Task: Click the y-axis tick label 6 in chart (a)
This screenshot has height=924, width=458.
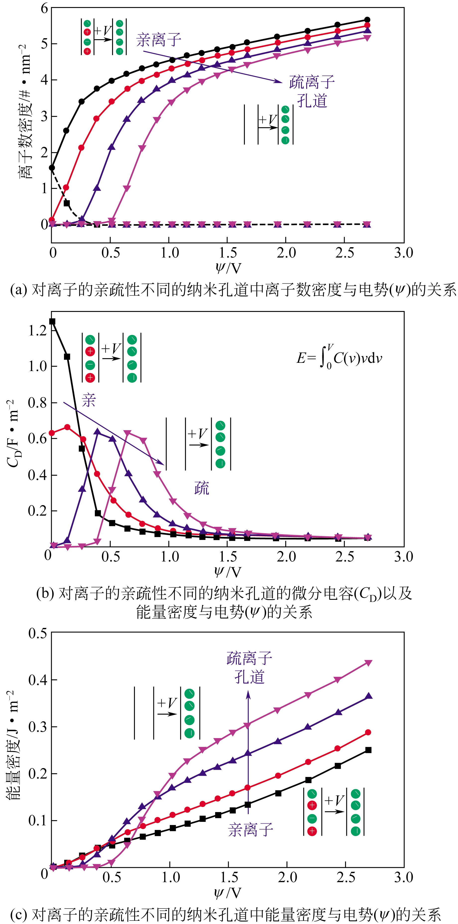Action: tap(44, 8)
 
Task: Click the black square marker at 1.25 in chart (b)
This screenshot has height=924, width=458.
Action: tap(52, 321)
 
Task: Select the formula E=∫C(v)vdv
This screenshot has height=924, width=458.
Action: tap(339, 357)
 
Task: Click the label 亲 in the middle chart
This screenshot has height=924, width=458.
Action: tap(89, 400)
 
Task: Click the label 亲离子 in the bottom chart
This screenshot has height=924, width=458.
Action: tap(250, 829)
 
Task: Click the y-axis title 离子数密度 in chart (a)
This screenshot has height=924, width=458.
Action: tap(25, 111)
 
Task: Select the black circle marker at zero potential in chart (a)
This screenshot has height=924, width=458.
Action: tap(52, 167)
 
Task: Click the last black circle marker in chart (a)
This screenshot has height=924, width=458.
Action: tap(367, 20)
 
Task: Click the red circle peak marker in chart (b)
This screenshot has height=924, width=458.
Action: tap(67, 427)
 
